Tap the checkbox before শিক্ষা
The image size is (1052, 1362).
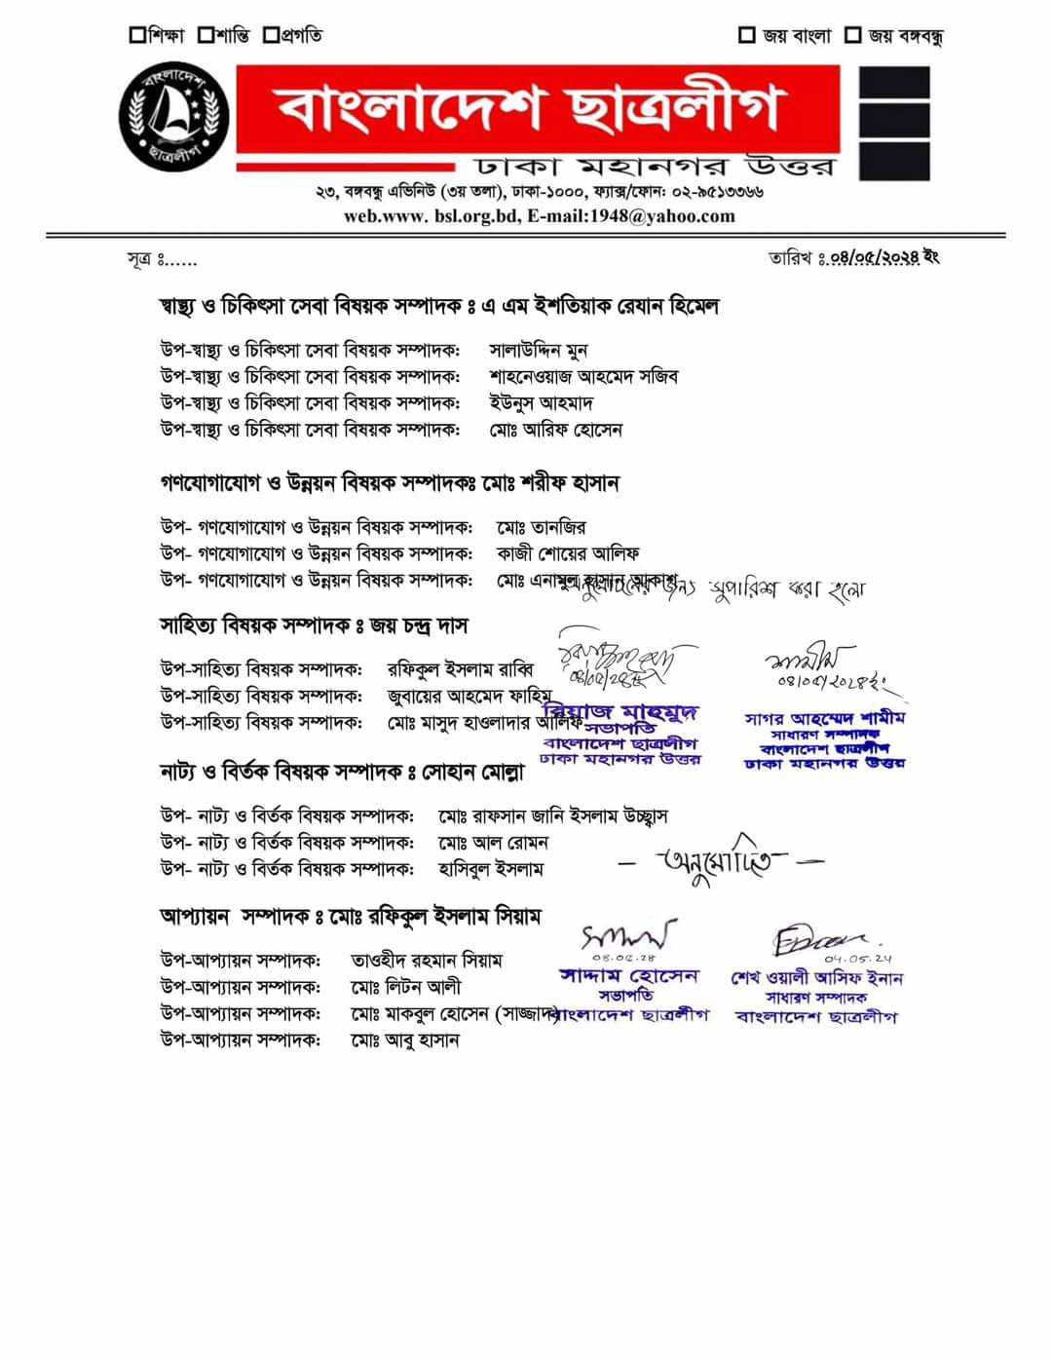click(137, 35)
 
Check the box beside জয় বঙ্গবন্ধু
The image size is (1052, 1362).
click(852, 36)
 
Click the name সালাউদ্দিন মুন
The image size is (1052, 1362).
click(538, 350)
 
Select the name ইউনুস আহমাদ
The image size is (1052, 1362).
click(541, 402)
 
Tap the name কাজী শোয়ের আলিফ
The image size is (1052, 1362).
click(568, 553)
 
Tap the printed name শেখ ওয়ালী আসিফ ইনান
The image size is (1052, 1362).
click(816, 978)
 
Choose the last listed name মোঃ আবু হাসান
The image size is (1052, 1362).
click(404, 1040)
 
